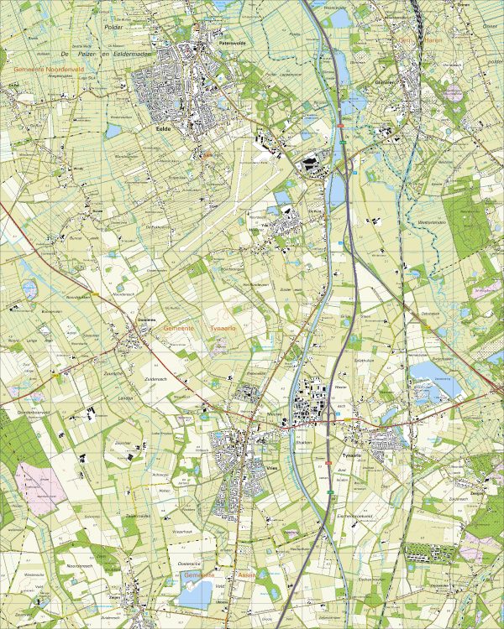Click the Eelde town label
[165, 129]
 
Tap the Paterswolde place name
[229, 39]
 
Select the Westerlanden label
[430, 221]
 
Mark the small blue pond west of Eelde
[113, 130]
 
